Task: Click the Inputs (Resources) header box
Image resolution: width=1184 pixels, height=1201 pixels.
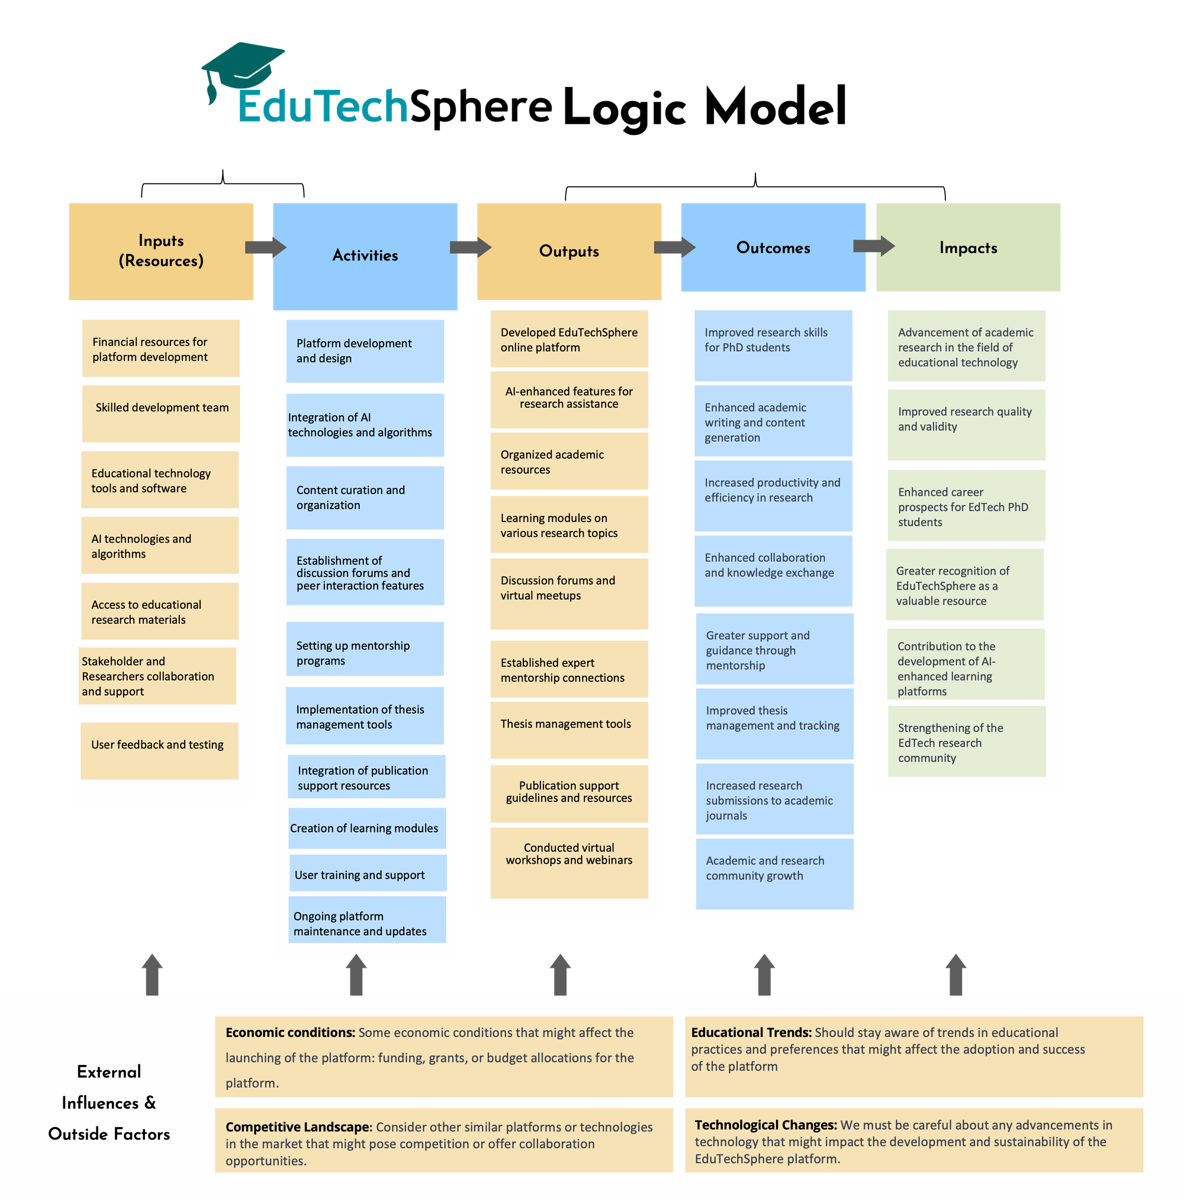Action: click(161, 251)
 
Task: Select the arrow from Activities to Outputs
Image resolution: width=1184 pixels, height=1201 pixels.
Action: click(470, 247)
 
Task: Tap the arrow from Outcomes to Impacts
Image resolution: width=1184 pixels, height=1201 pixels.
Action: click(873, 246)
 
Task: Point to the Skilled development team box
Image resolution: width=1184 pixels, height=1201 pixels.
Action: click(161, 413)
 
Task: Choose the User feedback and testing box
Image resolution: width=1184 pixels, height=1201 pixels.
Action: click(159, 750)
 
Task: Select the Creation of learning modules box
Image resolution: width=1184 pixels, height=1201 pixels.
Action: click(367, 828)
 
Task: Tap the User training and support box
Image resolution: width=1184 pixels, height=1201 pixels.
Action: click(368, 874)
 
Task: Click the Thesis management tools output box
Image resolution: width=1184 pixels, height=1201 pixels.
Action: click(569, 729)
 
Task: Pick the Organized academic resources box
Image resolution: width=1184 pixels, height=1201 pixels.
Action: click(569, 461)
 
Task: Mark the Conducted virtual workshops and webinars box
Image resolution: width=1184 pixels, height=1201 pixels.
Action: click(569, 862)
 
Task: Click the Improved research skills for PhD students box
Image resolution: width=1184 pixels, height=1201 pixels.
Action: click(773, 345)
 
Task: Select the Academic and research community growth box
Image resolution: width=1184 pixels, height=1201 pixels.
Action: click(774, 874)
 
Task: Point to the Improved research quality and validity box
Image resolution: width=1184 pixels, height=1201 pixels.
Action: click(966, 424)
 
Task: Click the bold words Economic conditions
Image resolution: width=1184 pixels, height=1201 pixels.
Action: click(289, 1032)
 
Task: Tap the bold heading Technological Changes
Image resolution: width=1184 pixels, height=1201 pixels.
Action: click(765, 1125)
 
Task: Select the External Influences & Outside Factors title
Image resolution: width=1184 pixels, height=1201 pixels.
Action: click(109, 1102)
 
